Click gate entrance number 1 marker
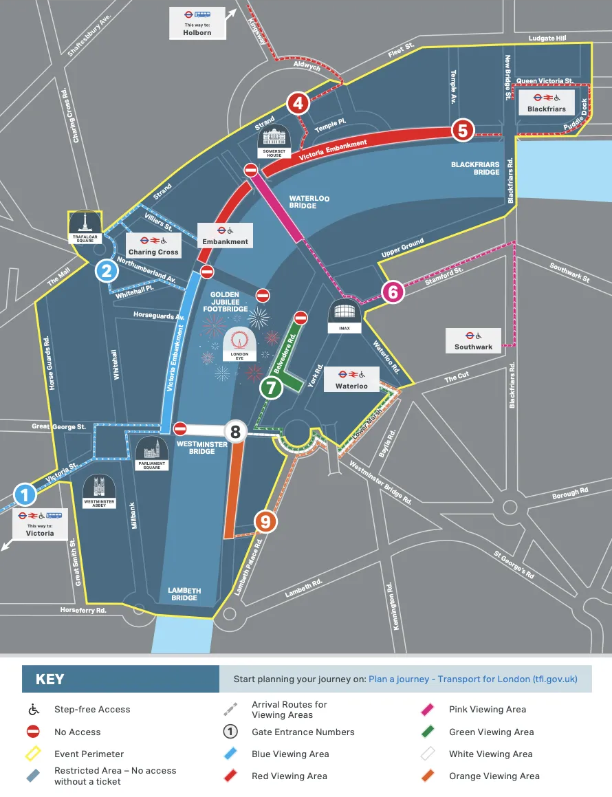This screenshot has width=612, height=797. click(x=25, y=494)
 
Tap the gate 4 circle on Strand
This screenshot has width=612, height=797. click(x=298, y=104)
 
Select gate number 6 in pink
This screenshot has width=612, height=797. click(x=393, y=292)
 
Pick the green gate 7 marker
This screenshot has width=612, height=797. click(x=271, y=388)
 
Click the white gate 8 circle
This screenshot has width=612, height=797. click(x=236, y=432)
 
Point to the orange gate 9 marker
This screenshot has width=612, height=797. click(x=265, y=522)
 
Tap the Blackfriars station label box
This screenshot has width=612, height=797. click(x=546, y=102)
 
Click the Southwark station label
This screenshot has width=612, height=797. click(x=473, y=340)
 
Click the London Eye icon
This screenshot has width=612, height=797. click(x=239, y=343)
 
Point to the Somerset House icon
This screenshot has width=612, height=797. click(x=274, y=142)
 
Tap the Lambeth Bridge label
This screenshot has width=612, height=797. click(x=184, y=594)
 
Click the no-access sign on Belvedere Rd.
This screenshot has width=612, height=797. click(x=300, y=318)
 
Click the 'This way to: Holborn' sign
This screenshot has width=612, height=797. click(x=197, y=23)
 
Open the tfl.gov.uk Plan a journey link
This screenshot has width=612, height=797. click(x=473, y=679)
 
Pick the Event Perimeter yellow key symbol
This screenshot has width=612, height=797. click(x=33, y=754)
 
